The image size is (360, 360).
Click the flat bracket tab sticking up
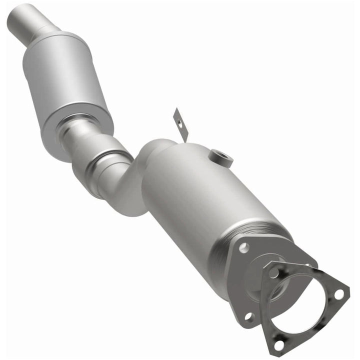[x=180, y=125]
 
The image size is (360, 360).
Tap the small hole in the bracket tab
[x=176, y=118]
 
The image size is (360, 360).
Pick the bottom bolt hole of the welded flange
[x=248, y=316]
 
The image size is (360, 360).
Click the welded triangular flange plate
[x=240, y=280]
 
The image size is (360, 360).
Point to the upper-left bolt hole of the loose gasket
[x=273, y=272]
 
